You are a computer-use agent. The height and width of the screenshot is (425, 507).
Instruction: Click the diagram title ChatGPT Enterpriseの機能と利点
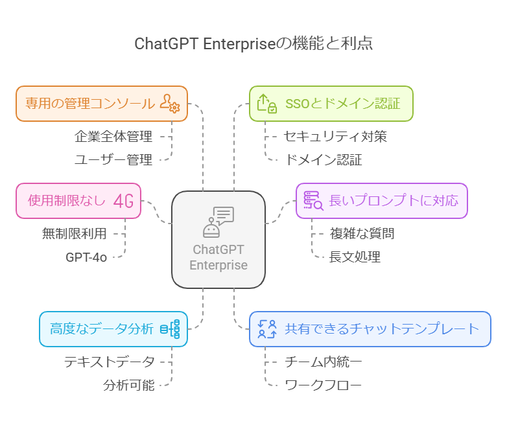pos(253,43)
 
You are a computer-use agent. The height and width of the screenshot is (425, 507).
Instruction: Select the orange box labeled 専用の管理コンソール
pos(90,104)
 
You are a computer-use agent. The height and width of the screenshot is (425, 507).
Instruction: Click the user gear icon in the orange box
pos(170,104)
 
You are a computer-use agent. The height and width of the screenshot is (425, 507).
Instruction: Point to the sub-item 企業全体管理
pos(113,137)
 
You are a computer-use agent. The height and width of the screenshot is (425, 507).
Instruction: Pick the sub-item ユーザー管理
pos(113,159)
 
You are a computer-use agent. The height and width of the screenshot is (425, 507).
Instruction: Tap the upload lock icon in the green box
pos(267,104)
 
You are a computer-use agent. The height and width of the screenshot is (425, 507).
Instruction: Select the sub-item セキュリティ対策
pos(335,137)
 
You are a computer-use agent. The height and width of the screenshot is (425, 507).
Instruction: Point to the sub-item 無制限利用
pos(75,234)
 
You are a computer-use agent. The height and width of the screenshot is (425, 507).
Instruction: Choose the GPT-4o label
pos(86,257)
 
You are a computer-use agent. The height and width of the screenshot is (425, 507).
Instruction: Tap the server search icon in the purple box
pos(313,201)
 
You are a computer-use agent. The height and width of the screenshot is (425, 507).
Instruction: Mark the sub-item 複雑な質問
pos(362,234)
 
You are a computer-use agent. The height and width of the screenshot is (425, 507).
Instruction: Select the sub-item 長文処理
pos(355,257)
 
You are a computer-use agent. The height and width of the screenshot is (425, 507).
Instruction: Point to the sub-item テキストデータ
pos(110,362)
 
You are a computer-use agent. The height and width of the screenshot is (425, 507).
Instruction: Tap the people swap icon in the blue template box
pos(267,329)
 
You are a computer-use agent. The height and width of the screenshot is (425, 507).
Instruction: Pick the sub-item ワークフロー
pos(323,385)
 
